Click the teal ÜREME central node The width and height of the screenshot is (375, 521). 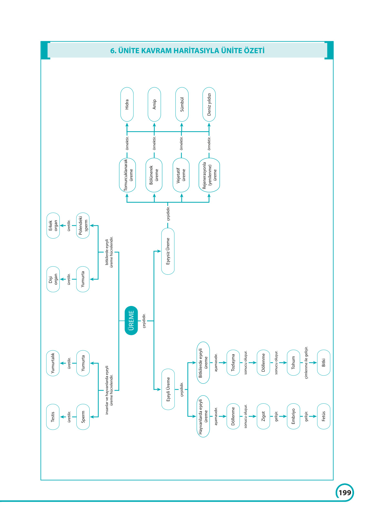(131, 320)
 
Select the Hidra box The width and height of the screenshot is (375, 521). (127, 104)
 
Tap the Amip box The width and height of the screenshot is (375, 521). (154, 104)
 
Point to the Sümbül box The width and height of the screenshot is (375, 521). (182, 104)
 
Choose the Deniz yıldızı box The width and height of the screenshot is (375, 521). (209, 104)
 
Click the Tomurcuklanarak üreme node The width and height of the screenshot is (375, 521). (128, 175)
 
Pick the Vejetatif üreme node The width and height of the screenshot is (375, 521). (181, 175)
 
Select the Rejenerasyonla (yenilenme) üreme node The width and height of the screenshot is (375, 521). (209, 175)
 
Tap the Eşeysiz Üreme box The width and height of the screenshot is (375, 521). (168, 251)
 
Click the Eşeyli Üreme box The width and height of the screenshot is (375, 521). (168, 389)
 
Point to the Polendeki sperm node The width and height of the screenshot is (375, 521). (83, 225)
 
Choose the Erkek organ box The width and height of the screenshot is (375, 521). (53, 225)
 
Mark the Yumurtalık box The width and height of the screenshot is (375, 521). (53, 363)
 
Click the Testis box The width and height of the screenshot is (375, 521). (53, 417)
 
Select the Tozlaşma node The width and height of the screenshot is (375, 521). (233, 363)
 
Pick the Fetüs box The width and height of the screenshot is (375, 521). (324, 416)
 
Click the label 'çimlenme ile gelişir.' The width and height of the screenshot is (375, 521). (306, 363)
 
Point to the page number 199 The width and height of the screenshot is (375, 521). (345, 493)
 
